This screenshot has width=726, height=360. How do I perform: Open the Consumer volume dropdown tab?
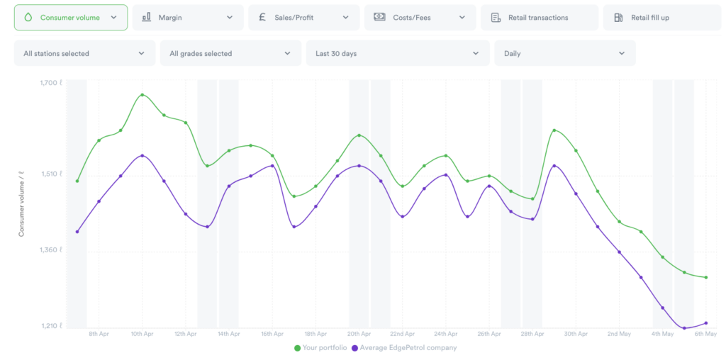[71, 18]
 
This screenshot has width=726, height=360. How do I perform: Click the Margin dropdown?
[188, 18]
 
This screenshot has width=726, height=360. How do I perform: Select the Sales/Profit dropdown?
[303, 18]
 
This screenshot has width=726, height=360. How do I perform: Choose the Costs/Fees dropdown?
[420, 18]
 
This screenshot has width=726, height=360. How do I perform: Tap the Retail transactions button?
[539, 18]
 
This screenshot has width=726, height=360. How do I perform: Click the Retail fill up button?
[652, 18]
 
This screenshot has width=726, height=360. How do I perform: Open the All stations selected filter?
[84, 53]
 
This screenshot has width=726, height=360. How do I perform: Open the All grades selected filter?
[230, 53]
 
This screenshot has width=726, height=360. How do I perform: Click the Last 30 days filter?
[397, 53]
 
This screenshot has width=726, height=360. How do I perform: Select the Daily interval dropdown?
[564, 53]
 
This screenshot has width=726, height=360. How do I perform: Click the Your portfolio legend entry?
[320, 348]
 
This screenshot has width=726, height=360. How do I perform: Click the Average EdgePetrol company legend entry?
[408, 348]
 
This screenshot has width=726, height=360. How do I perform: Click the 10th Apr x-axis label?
[142, 334]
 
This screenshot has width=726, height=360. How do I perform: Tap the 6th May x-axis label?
[706, 334]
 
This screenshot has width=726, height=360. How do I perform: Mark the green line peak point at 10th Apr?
[142, 94]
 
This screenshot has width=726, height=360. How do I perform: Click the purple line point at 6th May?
[706, 323]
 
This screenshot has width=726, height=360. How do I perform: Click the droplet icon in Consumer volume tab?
[28, 18]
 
